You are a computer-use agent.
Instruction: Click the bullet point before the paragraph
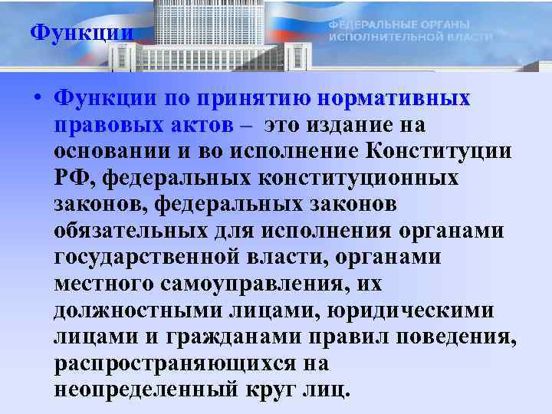point(36,100)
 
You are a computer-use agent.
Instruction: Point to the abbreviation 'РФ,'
point(75,178)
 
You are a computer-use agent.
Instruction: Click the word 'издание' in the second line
point(344,125)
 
